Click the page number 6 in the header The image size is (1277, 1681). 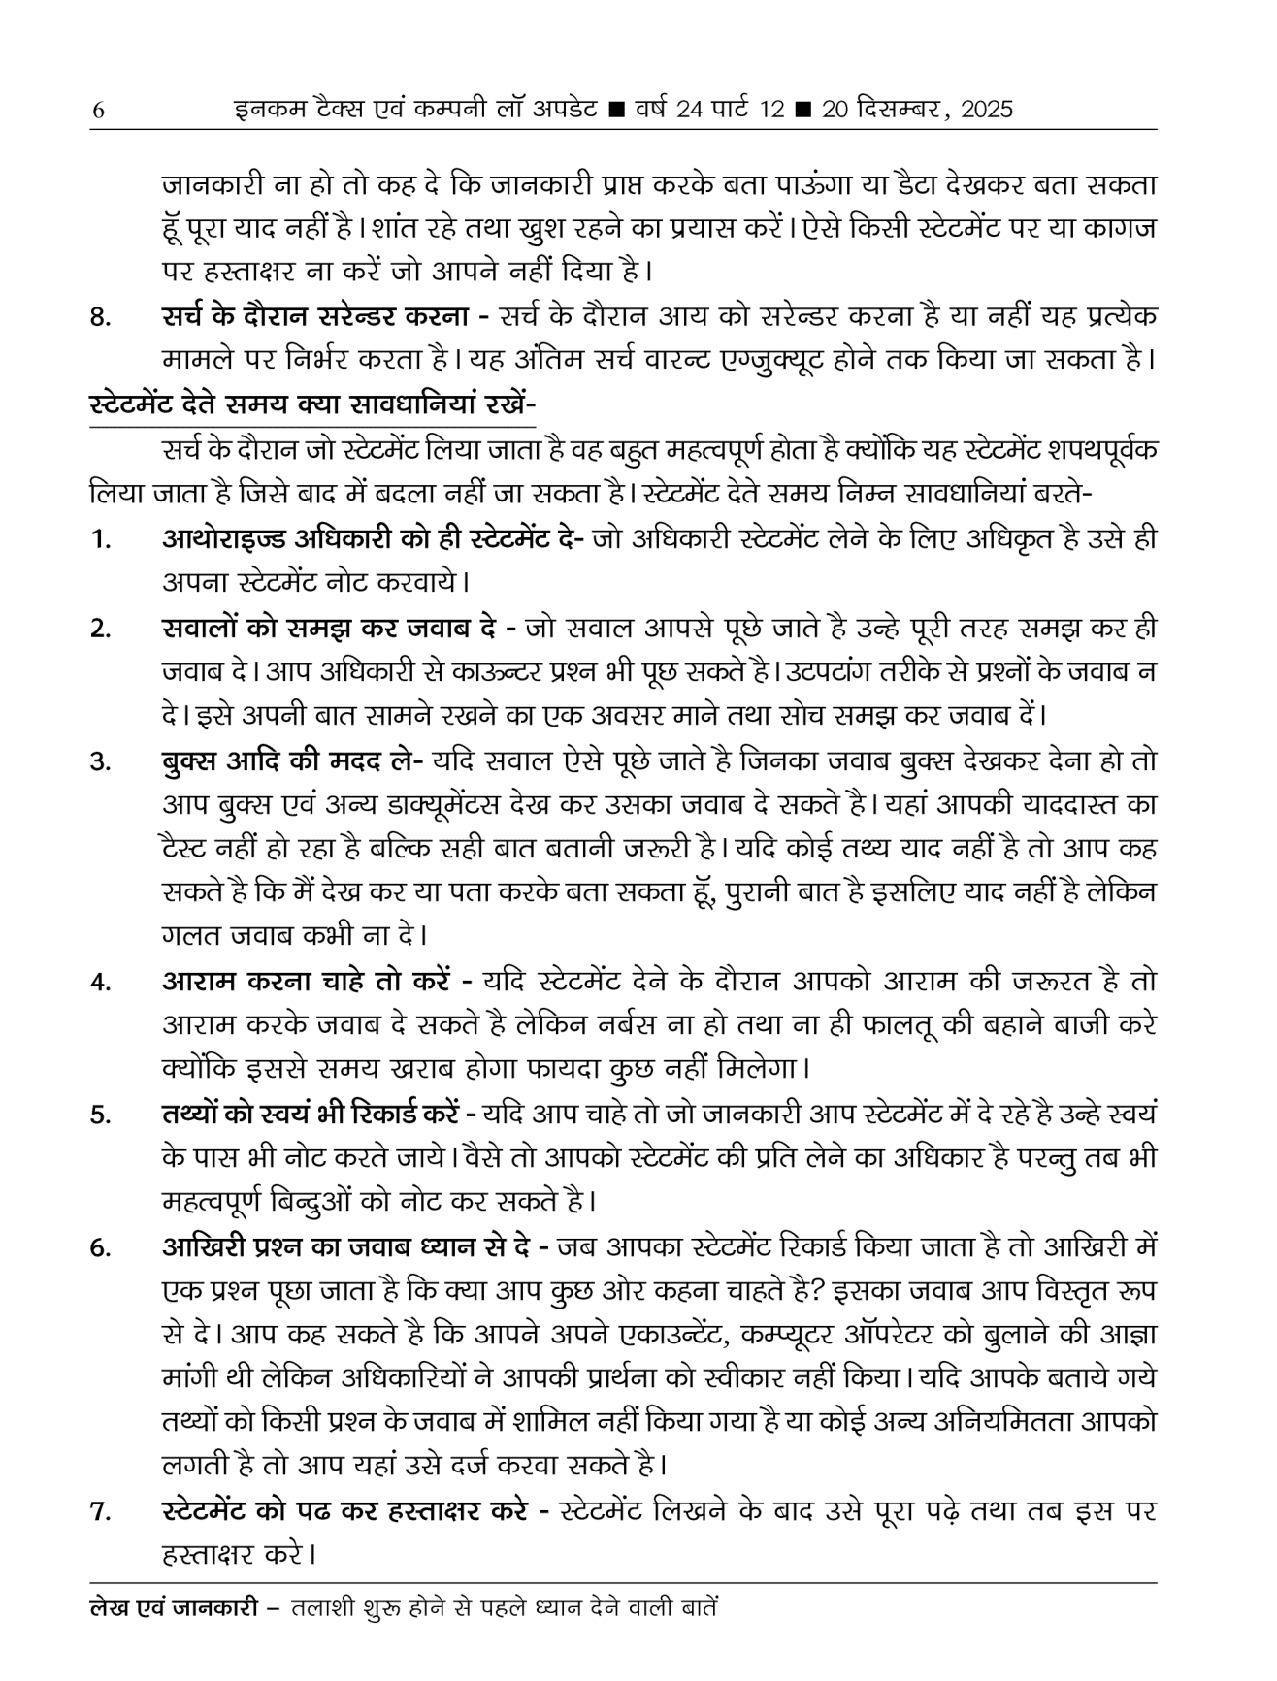pyautogui.click(x=97, y=111)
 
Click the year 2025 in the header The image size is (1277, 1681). pyautogui.click(x=986, y=110)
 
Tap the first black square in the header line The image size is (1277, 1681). pyautogui.click(x=614, y=111)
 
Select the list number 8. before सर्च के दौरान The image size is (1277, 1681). pyautogui.click(x=100, y=318)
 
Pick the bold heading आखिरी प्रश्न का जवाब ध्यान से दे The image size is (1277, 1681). pyautogui.click(x=356, y=1246)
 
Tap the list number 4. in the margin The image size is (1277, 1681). pyautogui.click(x=100, y=983)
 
